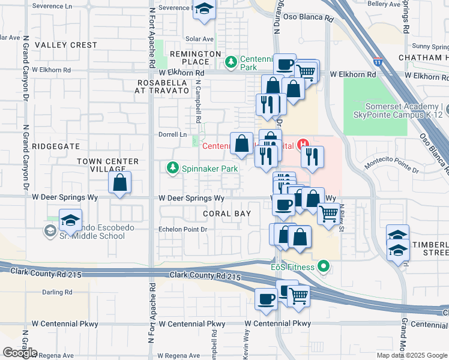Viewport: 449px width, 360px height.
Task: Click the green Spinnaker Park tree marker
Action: pos(173,169)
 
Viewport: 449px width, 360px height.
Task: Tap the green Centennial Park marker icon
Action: pos(230,61)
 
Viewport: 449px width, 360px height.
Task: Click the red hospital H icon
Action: pos(304,144)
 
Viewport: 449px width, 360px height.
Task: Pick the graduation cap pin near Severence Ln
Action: pos(205,10)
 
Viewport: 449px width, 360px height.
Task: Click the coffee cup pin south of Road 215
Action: pos(266,298)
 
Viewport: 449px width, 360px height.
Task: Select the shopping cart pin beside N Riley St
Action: pos(328,213)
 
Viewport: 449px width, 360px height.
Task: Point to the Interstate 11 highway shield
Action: pos(378,61)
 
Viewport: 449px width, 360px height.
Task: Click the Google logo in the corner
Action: pos(20,353)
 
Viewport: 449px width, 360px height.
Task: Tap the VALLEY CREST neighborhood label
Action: pos(65,45)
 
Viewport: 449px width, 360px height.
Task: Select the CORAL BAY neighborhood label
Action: pos(226,214)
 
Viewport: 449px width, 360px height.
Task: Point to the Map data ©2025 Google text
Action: pos(412,355)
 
